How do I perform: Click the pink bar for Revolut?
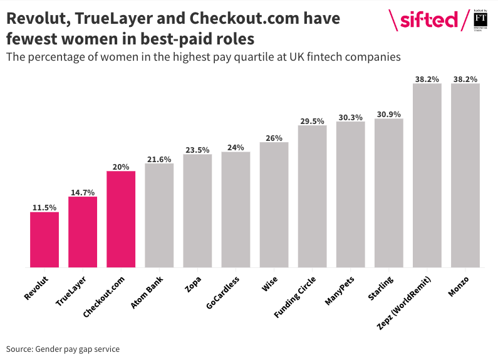point(44,240)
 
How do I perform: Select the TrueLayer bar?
point(83,232)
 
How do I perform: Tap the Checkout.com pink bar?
point(121,219)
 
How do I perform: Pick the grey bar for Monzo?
point(465,175)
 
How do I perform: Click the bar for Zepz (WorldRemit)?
point(427,175)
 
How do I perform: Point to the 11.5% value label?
point(44,207)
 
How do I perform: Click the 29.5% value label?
point(312,121)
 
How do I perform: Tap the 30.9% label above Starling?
point(388,114)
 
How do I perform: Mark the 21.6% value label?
point(159,159)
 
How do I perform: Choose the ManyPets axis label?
point(342,289)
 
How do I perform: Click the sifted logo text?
point(429,21)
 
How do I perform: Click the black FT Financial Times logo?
point(481,19)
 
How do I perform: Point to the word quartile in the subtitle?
point(240,58)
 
